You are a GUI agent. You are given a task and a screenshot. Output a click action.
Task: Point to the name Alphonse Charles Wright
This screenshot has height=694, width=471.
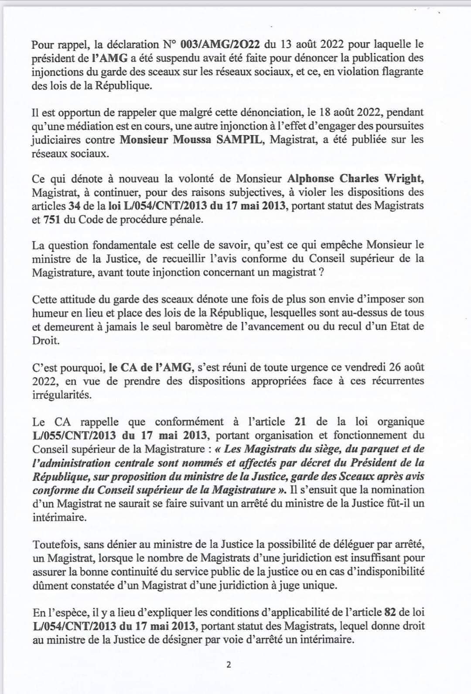click(355, 179)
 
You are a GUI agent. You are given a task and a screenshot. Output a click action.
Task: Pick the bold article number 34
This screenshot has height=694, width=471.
click(73, 206)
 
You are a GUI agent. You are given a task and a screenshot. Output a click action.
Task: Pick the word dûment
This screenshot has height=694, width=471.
click(47, 585)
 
